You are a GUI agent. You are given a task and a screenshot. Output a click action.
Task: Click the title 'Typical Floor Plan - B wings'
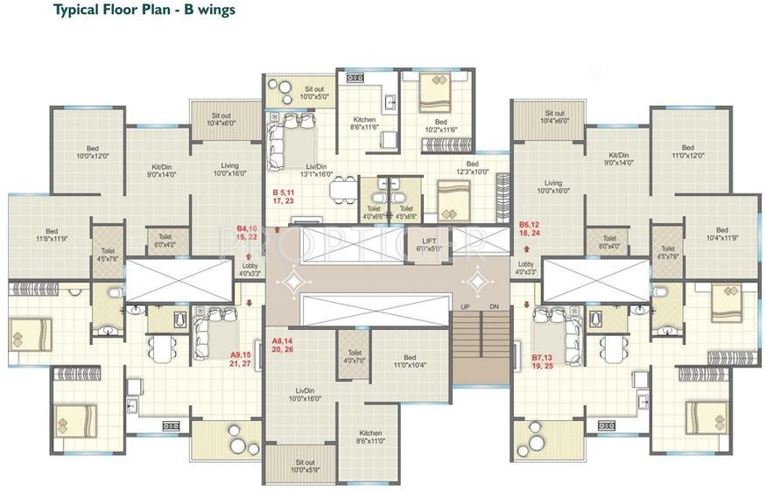pos(144,11)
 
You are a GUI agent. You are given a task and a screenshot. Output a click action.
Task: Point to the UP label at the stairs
pos(465,306)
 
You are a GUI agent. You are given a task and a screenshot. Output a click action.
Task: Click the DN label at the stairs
pos(495,306)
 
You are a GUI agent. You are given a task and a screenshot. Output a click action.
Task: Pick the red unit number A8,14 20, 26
pos(282,344)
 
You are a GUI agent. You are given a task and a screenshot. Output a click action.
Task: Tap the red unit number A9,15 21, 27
pos(241,359)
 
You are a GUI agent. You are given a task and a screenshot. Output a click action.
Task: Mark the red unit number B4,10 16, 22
pos(247,232)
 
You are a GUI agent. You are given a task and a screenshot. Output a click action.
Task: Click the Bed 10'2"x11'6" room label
pos(441,126)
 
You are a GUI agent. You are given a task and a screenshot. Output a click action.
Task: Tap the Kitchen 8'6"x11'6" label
pos(364,123)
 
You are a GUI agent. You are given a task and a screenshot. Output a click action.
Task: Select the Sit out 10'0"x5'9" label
pos(305,466)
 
